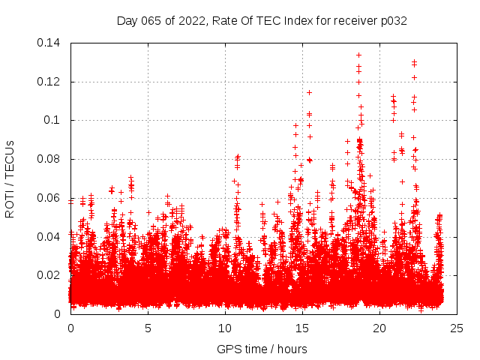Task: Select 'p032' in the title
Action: point(393,20)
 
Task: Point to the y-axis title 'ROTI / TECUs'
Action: point(10,178)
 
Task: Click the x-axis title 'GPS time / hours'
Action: point(262,349)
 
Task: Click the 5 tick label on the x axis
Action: point(148,328)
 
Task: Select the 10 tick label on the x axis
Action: point(225,328)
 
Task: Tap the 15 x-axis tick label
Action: point(302,328)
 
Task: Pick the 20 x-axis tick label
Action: point(379,328)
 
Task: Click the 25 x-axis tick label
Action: point(457,328)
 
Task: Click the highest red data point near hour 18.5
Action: point(358,55)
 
